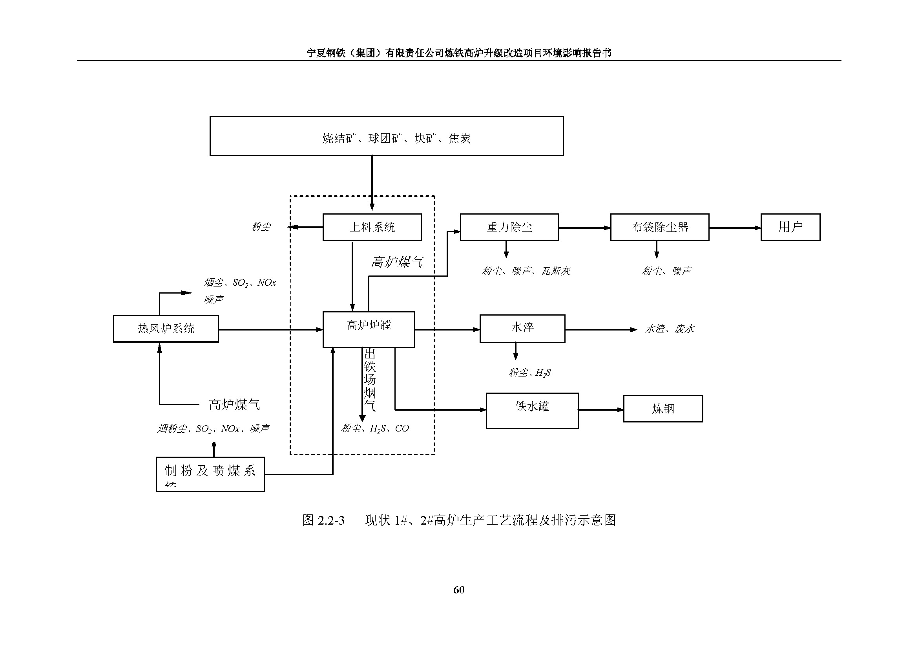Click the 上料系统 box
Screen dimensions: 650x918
pos(372,227)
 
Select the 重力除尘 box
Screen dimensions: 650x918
pos(509,227)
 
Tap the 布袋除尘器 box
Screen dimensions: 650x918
pos(659,227)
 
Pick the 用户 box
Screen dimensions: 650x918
pos(790,227)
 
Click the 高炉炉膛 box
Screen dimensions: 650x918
pos(369,329)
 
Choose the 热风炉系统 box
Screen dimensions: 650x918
pos(166,329)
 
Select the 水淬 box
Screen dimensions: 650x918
pos(522,329)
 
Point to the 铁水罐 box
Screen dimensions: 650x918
pos(532,411)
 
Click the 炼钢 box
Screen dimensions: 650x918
pos(662,409)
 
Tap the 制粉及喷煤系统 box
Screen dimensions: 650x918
pos(210,474)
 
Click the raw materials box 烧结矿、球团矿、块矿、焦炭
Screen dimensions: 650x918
pos(386,136)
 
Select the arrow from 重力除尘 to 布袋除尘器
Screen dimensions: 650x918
pos(584,228)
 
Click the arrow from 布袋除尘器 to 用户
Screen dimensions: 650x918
pos(734,228)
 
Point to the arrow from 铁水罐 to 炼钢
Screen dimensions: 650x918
pos(600,409)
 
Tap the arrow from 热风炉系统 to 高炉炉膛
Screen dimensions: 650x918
pos(270,329)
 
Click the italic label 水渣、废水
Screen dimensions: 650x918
pos(669,329)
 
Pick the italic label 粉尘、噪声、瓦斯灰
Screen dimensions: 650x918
pos(526,272)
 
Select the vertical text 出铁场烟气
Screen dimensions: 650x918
pos(370,380)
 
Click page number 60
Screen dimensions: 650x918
pos(458,589)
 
